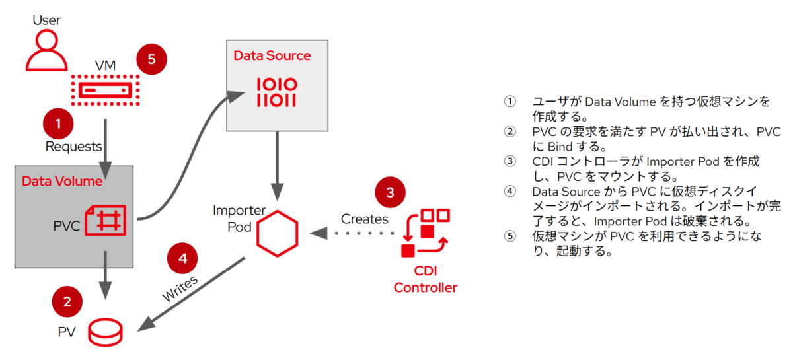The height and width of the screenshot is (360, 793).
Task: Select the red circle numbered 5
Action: (151, 59)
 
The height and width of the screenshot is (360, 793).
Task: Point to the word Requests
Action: (73, 146)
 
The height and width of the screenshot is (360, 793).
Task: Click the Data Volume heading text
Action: (62, 181)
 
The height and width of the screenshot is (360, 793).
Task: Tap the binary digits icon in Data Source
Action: (276, 92)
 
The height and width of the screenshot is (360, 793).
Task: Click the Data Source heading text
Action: (272, 55)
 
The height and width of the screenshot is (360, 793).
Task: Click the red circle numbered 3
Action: (390, 193)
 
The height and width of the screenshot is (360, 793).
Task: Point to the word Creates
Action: (364, 219)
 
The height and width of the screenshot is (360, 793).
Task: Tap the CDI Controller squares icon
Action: (426, 231)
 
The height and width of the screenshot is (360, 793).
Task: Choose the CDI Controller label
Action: (425, 279)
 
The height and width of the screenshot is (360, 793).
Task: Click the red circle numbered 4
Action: (183, 258)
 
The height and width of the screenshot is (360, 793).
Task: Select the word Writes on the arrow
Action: (180, 289)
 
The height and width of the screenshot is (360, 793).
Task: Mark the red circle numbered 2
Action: (67, 302)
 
